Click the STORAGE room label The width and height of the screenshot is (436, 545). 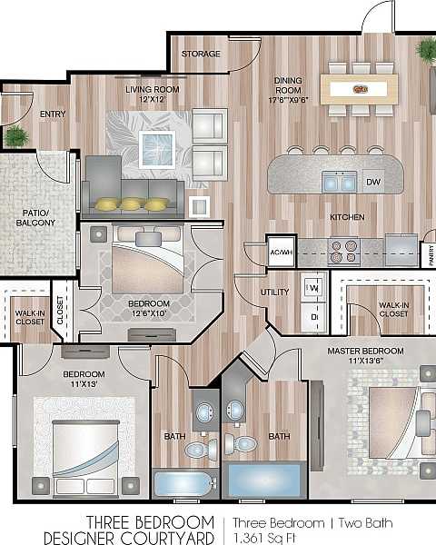(x=201, y=54)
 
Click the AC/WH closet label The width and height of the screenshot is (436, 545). (x=280, y=251)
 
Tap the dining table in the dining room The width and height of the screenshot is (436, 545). (x=362, y=89)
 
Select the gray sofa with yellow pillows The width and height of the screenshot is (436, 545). (x=132, y=190)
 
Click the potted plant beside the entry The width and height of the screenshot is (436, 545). (x=15, y=137)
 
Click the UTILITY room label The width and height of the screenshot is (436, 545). (x=274, y=292)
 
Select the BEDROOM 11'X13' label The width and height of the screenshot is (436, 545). (x=84, y=379)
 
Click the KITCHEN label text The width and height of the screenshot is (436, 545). (x=346, y=217)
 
